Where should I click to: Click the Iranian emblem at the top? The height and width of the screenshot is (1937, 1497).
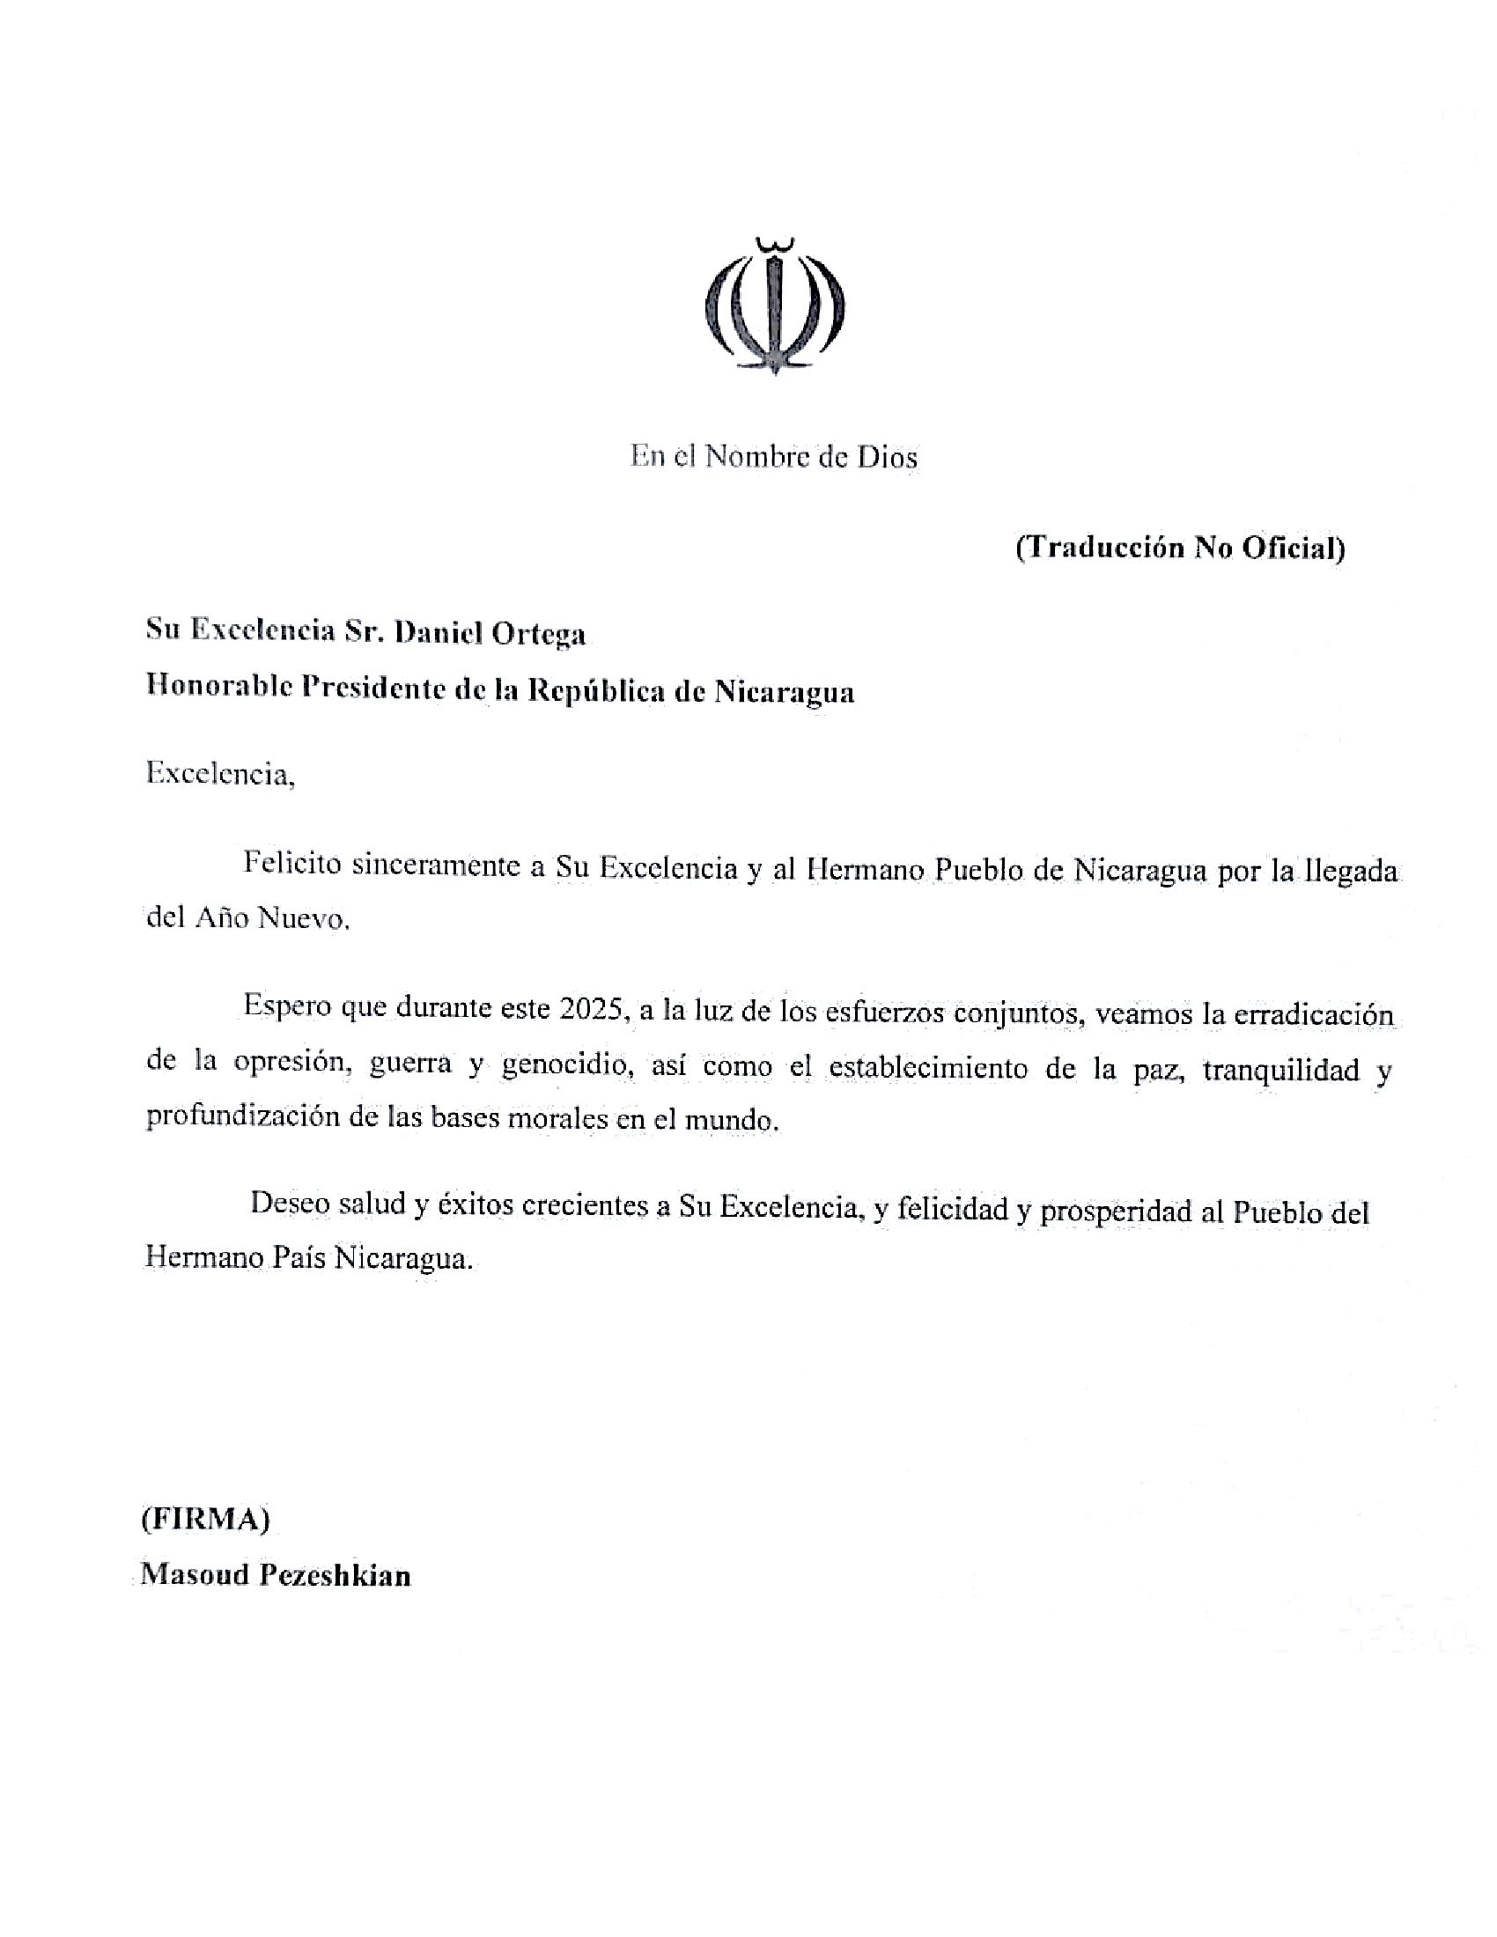(774, 306)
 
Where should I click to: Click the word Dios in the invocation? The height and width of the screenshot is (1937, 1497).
(886, 457)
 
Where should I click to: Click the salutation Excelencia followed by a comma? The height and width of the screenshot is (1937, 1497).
(219, 773)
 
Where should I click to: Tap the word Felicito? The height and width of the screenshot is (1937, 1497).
(291, 864)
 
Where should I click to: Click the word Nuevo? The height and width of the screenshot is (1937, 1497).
(302, 918)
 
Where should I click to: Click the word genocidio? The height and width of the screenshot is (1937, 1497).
(566, 1064)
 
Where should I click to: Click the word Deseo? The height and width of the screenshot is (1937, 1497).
(288, 1204)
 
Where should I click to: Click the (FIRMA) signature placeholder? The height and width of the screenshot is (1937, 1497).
(205, 1520)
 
